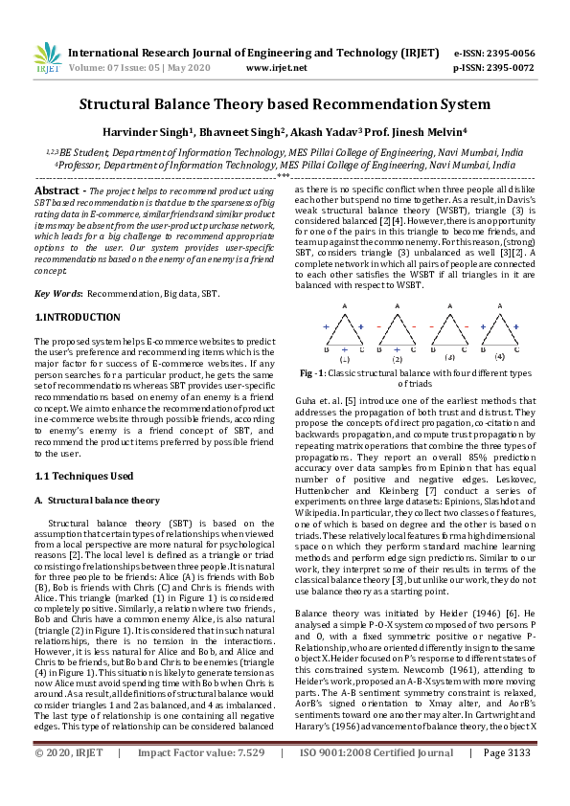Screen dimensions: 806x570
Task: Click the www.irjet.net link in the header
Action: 276,68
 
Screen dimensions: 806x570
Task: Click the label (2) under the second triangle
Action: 397,358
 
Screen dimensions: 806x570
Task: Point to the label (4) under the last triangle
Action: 498,356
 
